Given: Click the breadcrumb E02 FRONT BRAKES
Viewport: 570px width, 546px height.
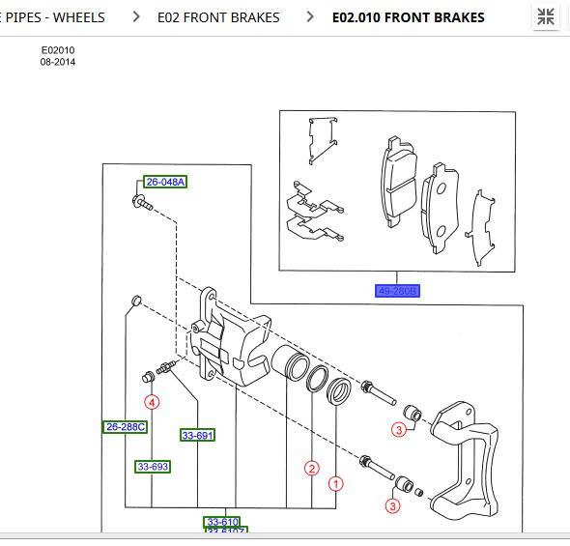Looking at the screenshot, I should point(218,17).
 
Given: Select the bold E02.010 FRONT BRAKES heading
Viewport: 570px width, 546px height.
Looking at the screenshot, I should point(408,17).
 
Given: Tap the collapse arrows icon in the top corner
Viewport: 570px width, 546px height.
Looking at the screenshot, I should point(546,16).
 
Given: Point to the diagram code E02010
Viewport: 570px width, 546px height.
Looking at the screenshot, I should point(57,50).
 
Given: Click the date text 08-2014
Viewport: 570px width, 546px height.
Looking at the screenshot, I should point(57,62).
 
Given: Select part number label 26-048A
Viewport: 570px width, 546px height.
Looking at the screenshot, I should point(165,182).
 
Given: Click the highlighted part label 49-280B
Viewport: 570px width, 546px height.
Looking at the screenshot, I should point(398,291).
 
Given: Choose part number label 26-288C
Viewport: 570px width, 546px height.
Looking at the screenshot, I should point(125,427).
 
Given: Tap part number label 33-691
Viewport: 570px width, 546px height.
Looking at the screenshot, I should point(197,436).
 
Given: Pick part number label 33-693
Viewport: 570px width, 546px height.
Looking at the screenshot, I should point(153,467).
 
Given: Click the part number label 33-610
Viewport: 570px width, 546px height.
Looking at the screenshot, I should point(221,523).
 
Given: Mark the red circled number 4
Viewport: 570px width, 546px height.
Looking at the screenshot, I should point(152,402).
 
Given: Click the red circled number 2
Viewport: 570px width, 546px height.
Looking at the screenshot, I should point(311,469).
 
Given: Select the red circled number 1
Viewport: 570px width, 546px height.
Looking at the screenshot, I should point(336,483).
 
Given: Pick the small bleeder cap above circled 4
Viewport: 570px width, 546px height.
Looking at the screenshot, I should point(136,302).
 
